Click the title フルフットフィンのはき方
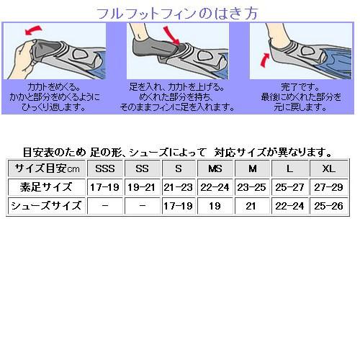coord(179,12)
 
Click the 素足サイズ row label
coord(45,187)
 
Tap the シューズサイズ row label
coord(45,206)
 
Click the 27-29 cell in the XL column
coord(327,187)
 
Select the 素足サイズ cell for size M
coord(253,187)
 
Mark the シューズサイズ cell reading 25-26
coord(327,206)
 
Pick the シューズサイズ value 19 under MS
coord(215,206)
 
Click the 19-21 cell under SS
coord(142,187)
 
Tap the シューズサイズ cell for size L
coord(290,206)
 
